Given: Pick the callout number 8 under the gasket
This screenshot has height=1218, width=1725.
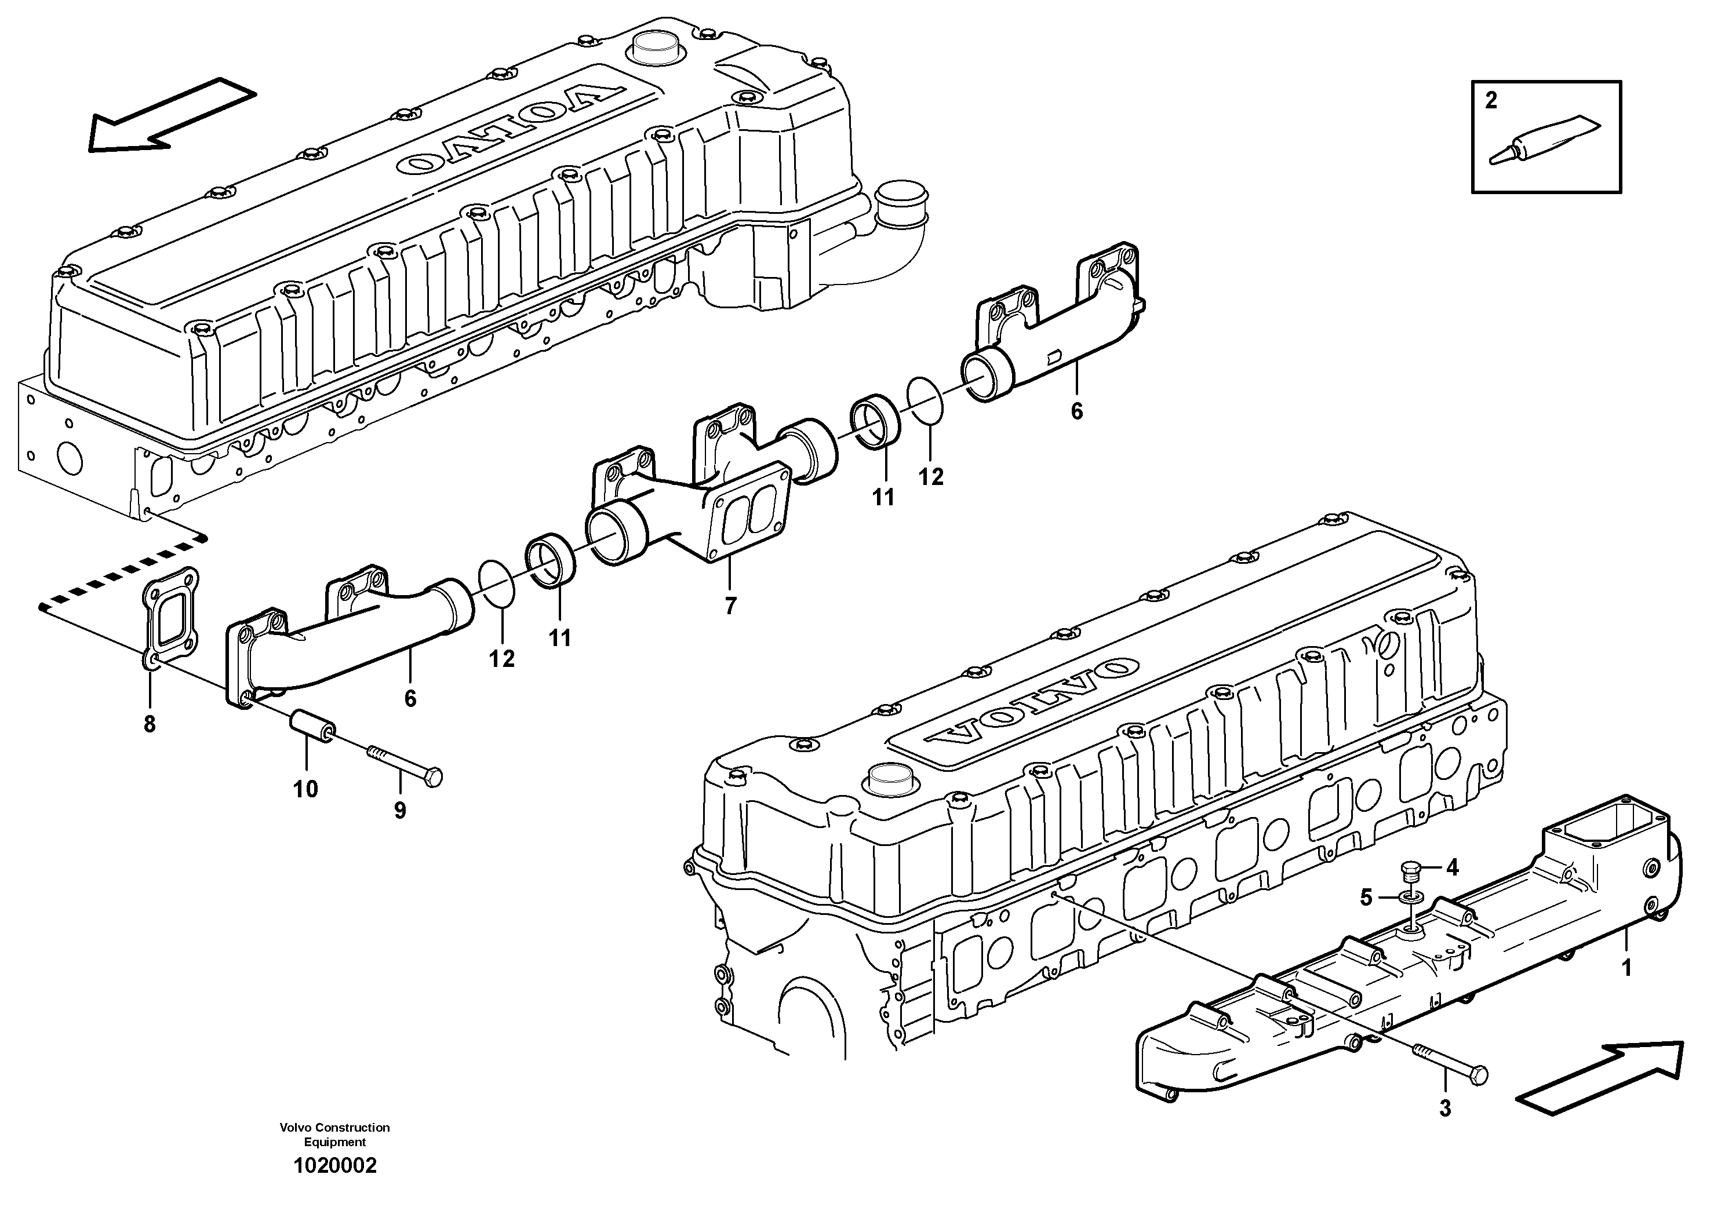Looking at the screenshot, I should (x=150, y=725).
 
